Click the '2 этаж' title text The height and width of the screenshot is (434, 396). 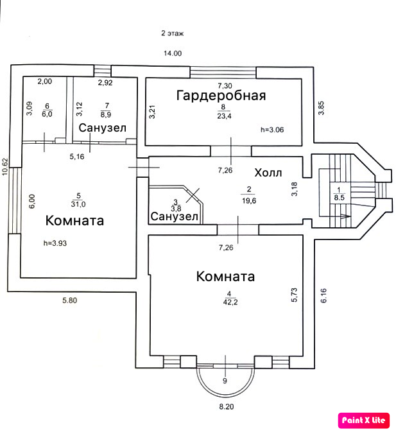point(173,32)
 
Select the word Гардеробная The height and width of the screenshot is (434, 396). point(221,96)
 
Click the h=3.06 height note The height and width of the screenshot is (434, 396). point(273,130)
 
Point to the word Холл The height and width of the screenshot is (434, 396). point(268,173)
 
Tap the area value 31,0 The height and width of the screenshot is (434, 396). point(77,204)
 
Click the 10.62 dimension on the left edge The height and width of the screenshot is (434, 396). point(5,166)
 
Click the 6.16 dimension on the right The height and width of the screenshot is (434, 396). point(324,295)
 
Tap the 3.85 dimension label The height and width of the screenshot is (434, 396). point(321,108)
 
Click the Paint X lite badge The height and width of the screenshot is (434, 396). point(363,420)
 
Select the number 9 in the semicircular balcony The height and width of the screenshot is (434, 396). point(224,381)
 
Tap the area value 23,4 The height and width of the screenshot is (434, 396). point(224,116)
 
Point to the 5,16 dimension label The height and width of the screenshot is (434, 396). point(77,156)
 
